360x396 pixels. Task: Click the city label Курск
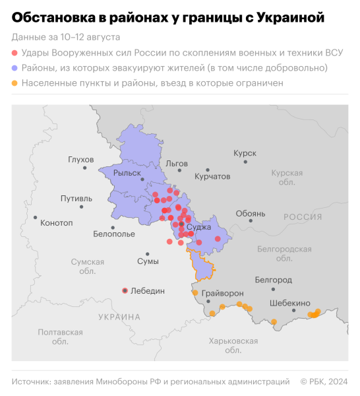tap(245, 153)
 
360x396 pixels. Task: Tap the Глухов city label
tap(81, 160)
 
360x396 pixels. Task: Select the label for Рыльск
tap(127, 173)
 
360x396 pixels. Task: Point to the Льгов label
tap(177, 163)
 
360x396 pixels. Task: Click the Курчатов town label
tap(212, 177)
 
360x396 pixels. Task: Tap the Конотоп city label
tap(57, 223)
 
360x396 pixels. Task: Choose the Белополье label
tap(114, 234)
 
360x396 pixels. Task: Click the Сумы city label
tap(148, 262)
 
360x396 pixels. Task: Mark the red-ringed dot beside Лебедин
tap(125, 290)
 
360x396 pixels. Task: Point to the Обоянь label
tap(251, 214)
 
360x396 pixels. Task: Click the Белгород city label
tap(272, 280)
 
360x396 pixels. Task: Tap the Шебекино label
tap(290, 303)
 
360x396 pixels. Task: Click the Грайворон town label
tap(222, 293)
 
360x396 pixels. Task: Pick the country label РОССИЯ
tap(303, 217)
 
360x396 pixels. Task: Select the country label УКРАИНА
tap(119, 317)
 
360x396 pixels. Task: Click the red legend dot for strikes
tap(15, 52)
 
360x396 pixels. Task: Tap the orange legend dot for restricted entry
tap(15, 84)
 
